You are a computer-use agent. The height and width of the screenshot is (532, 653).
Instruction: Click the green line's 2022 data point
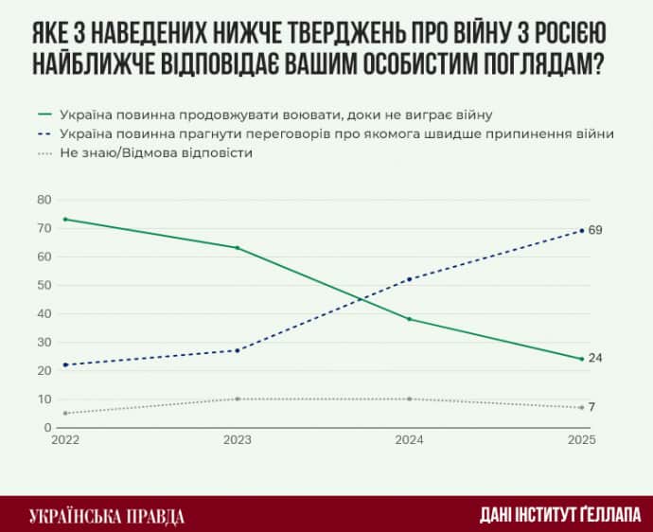pos(65,220)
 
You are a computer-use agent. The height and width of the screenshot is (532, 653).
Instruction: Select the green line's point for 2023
pos(237,248)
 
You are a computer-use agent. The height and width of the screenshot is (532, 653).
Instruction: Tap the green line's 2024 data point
pos(409,319)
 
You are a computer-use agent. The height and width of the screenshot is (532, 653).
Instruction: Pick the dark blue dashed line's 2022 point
pos(65,364)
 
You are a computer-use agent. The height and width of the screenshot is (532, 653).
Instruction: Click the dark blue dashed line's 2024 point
pos(409,279)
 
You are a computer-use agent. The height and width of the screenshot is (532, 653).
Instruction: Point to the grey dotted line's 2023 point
pos(237,399)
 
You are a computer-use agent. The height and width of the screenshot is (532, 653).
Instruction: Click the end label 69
pos(595,230)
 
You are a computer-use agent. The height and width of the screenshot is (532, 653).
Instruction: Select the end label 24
pos(595,358)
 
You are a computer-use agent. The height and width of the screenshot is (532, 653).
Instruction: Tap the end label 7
pos(591,407)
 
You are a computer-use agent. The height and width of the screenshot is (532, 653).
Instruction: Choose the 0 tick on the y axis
pos(45,428)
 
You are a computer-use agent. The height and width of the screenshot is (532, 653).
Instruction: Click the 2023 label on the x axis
pos(237,441)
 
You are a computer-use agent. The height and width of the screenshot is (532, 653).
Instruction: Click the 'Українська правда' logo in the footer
pos(107,516)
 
